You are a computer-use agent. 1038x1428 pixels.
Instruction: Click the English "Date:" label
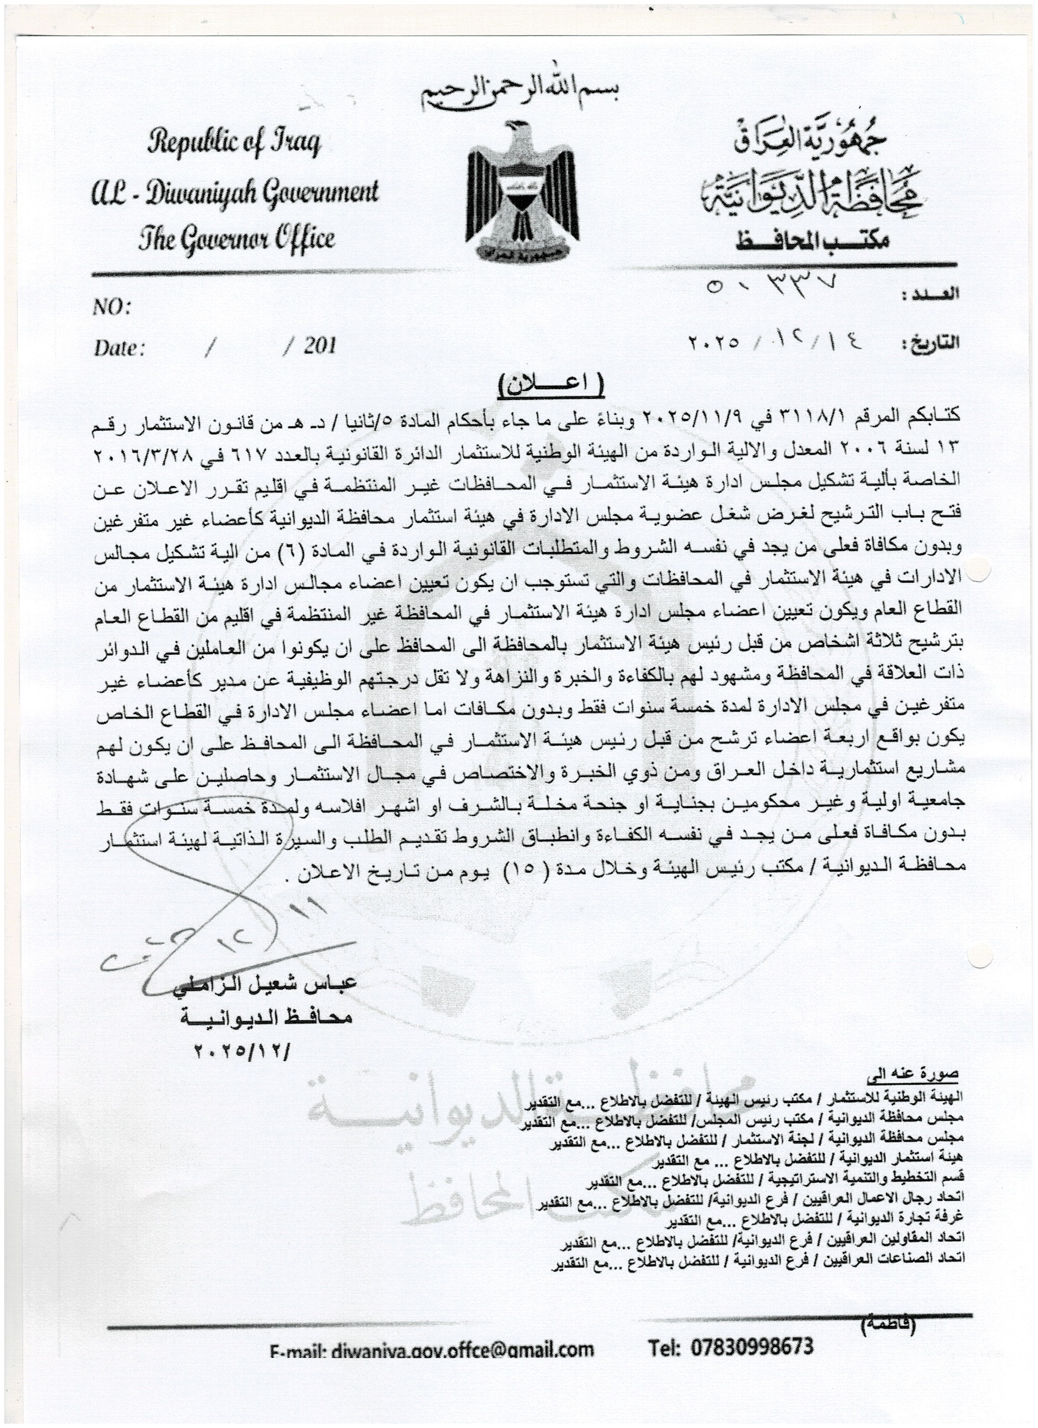point(120,348)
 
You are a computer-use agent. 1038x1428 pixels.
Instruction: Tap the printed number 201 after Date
point(319,346)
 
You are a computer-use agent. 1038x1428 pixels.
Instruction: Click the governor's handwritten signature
point(220,932)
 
